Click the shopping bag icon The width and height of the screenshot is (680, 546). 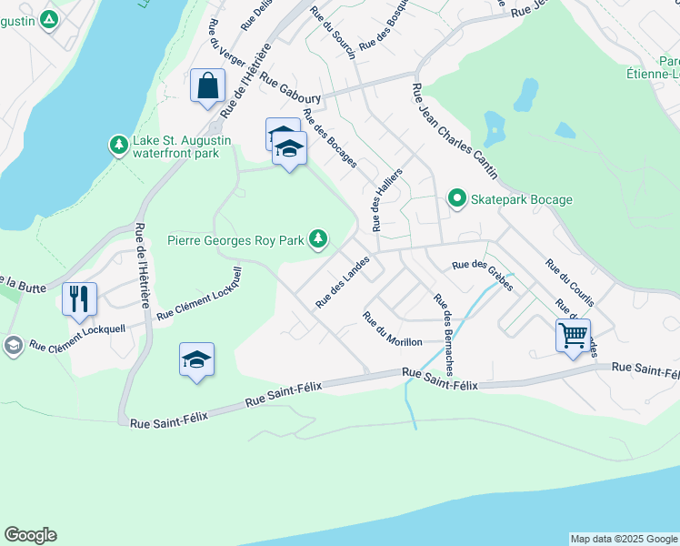(208, 86)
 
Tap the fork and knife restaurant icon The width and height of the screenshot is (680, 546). (78, 298)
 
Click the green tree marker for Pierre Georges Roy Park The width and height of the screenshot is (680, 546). (317, 239)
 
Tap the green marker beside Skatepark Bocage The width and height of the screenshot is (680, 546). (456, 198)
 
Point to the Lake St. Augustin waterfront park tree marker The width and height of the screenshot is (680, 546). (117, 145)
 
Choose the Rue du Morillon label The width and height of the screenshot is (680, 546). (392, 329)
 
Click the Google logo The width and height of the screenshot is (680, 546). (30, 535)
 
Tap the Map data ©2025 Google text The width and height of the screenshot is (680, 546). (624, 539)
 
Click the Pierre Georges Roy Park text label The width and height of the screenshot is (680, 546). (235, 241)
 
